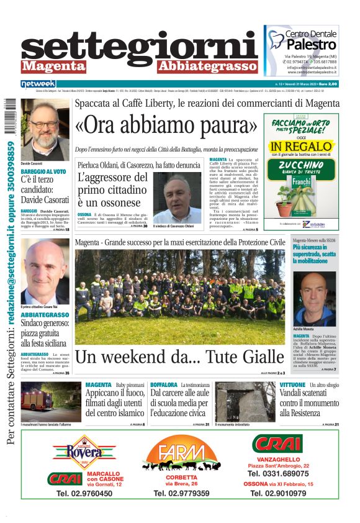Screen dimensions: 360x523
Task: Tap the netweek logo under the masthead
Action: coord(38,83)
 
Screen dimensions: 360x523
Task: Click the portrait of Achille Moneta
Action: coord(314,299)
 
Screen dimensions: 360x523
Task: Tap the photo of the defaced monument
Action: coord(245,401)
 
